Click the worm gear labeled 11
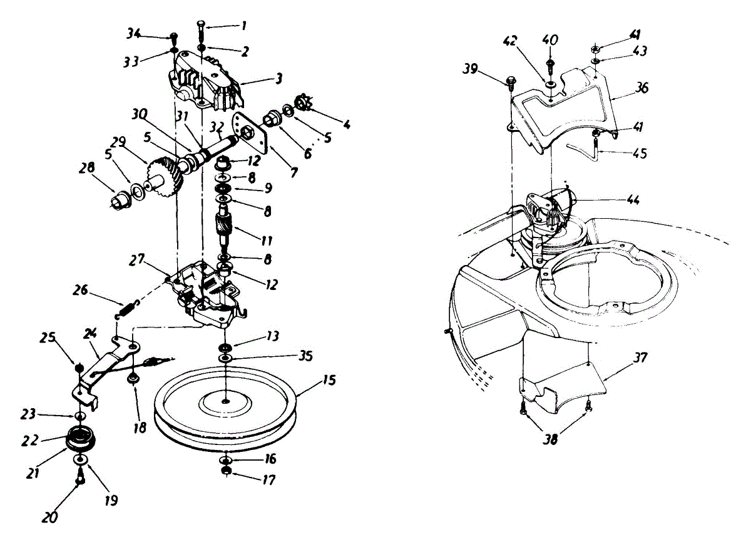click(223, 226)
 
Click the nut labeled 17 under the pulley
click(225, 471)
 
